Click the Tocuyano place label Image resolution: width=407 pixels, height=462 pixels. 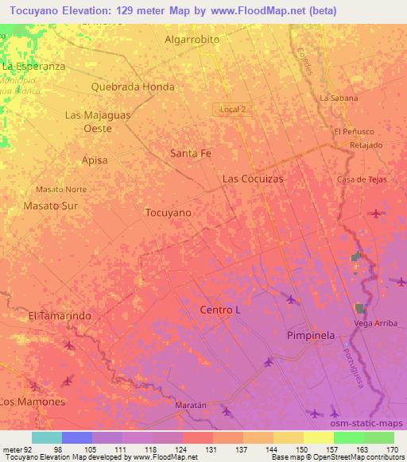pyautogui.click(x=169, y=213)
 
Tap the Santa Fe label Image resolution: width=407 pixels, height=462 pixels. pyautogui.click(x=191, y=154)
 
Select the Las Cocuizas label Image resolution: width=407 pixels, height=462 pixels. pyautogui.click(x=253, y=179)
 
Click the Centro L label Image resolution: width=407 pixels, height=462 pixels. pyautogui.click(x=220, y=310)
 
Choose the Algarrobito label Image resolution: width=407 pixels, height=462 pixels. pyautogui.click(x=192, y=39)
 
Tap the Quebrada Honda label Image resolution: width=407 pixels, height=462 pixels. pyautogui.click(x=133, y=87)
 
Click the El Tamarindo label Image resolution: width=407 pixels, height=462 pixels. pyautogui.click(x=60, y=316)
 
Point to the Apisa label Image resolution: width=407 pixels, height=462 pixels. pyautogui.click(x=94, y=160)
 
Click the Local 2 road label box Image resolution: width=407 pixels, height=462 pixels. pyautogui.click(x=234, y=109)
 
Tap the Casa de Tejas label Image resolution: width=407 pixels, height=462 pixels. pyautogui.click(x=362, y=179)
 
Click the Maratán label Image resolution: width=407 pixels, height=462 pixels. pyautogui.click(x=190, y=405)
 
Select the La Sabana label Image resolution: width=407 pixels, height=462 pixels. pyautogui.click(x=339, y=98)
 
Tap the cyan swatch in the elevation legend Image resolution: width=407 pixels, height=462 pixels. pyautogui.click(x=47, y=437)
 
